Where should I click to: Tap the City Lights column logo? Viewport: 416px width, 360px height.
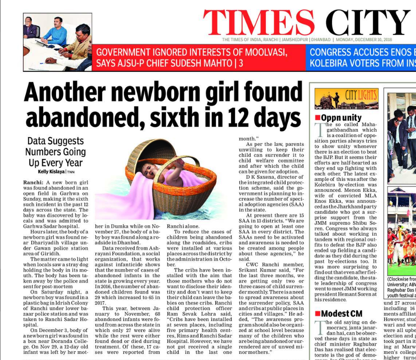(x=346, y=99)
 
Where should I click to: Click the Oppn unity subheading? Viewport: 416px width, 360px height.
(x=341, y=118)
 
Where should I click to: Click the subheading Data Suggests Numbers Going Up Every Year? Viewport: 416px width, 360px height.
(x=55, y=152)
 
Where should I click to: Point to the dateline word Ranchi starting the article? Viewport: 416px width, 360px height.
(x=32, y=182)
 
